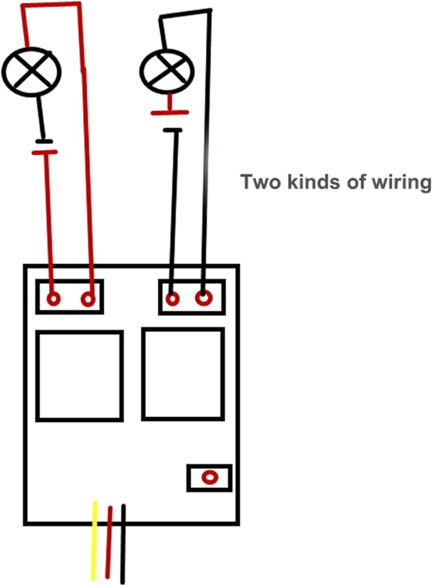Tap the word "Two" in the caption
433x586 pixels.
259,182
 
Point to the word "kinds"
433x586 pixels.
309,182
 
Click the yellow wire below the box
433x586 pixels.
94,542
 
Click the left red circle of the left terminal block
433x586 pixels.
53,299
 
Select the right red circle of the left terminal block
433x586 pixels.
88,299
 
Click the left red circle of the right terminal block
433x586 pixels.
172,299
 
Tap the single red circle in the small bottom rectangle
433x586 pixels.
209,478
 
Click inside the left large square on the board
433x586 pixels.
79,376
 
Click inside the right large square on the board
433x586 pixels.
183,374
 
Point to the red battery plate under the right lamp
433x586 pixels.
169,112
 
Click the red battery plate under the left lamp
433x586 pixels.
44,152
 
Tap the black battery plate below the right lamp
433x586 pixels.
173,129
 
